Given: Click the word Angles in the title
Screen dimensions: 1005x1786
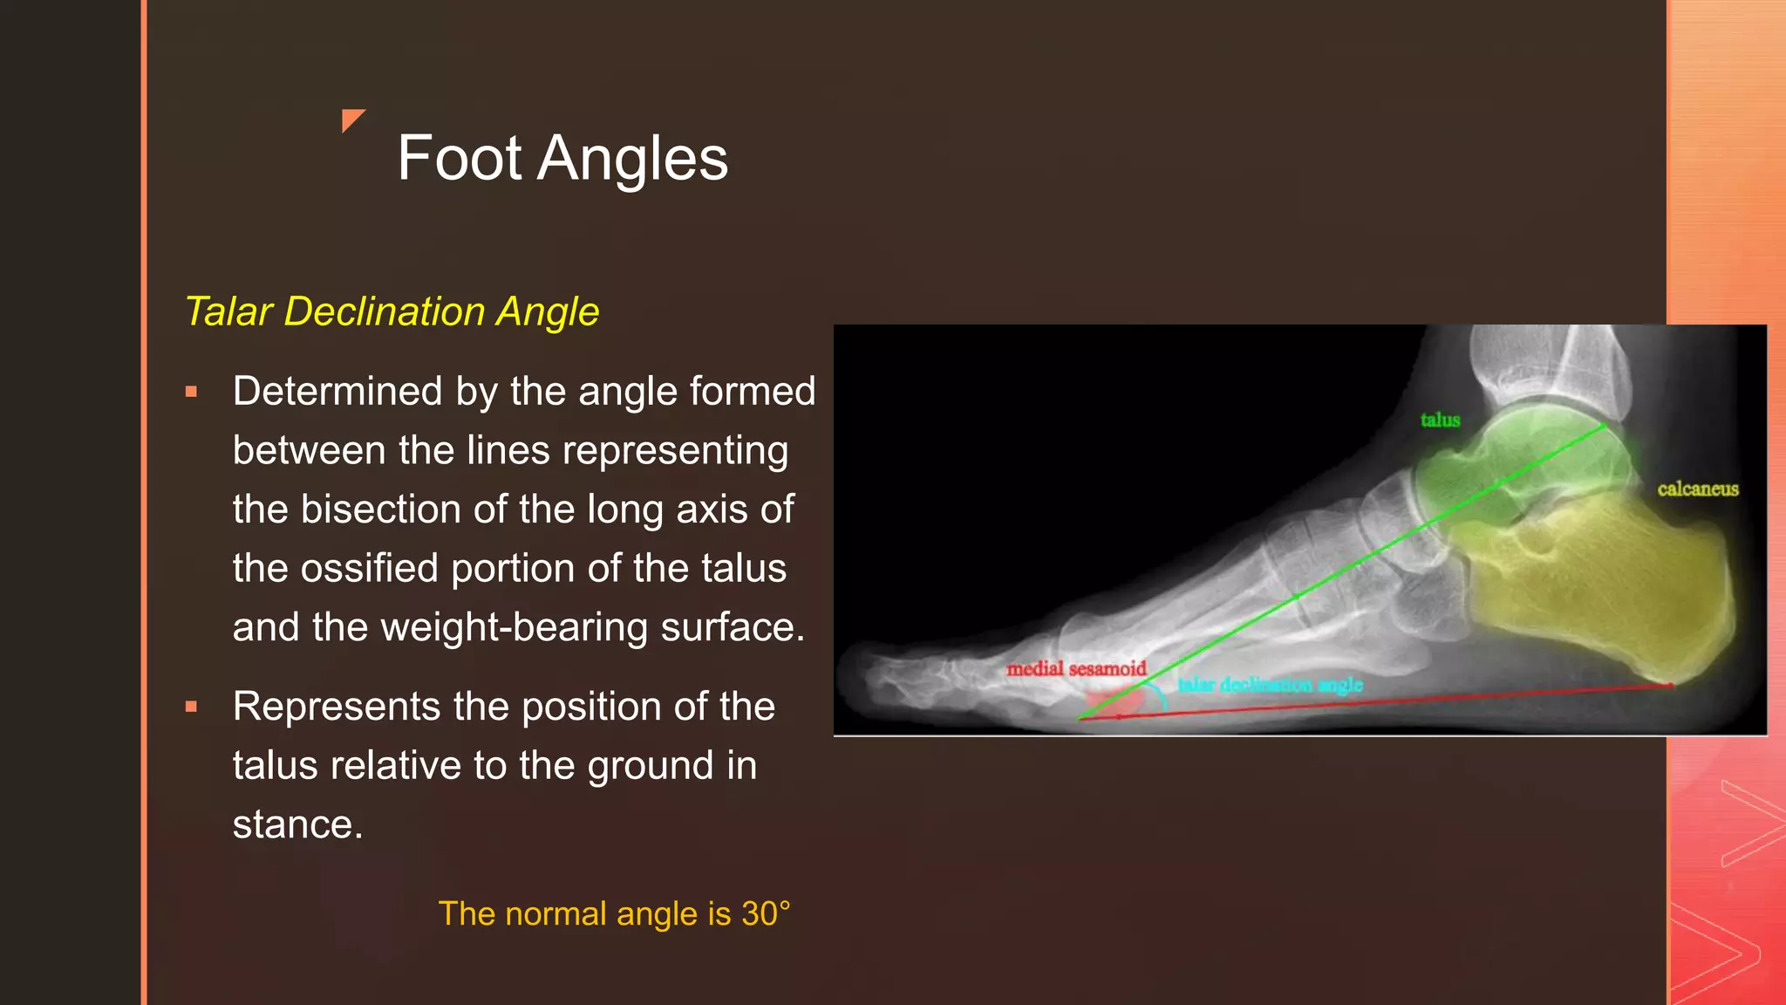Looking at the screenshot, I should click(x=632, y=159).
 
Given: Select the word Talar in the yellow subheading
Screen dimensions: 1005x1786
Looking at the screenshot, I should click(x=228, y=311).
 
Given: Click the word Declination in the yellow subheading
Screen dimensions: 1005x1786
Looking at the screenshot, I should click(x=384, y=311).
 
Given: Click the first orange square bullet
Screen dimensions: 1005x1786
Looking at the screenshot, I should click(x=191, y=393).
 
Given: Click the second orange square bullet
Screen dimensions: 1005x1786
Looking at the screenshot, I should click(x=191, y=708).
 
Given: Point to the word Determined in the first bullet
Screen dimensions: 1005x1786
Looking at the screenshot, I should click(x=337, y=392).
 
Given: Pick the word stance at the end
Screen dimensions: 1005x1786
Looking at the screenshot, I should click(x=293, y=825).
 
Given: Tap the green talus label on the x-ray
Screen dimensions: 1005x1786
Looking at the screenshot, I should click(x=1440, y=420).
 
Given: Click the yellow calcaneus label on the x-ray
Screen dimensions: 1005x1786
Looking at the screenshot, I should click(x=1697, y=489).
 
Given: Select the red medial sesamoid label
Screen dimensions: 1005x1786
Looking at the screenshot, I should click(x=1076, y=669).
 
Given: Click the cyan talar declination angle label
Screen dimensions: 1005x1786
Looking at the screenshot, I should click(x=1270, y=686).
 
